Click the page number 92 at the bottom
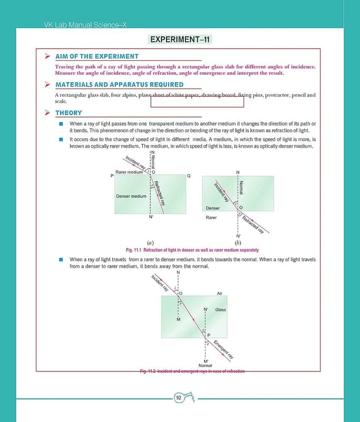[x=179, y=398]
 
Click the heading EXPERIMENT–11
[x=181, y=40]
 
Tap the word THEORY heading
[x=69, y=113]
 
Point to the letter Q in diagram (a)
[x=188, y=176]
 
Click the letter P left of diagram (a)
[x=112, y=176]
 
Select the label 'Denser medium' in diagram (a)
[x=131, y=196]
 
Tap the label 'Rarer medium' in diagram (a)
[x=130, y=172]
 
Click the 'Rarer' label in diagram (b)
[x=211, y=217]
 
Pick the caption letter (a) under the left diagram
[x=150, y=243]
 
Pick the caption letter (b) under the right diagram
[x=238, y=243]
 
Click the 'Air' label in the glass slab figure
[x=220, y=293]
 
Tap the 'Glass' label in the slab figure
[x=220, y=310]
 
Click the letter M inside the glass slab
[x=179, y=320]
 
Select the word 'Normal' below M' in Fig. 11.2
[x=205, y=366]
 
